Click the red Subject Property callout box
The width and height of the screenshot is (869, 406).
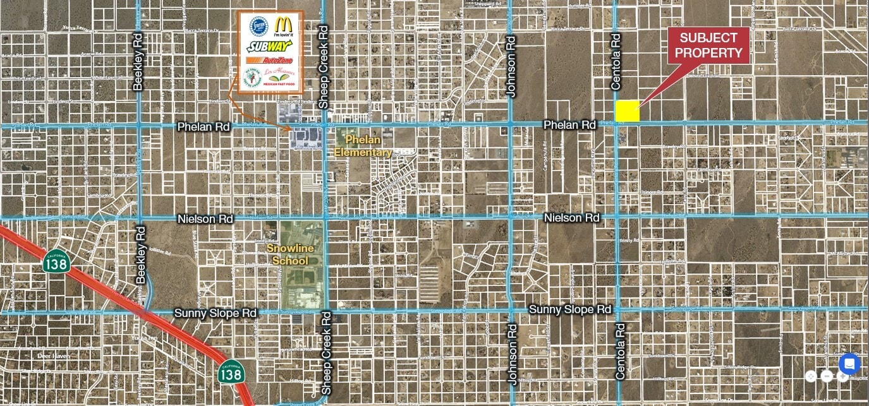(x=708, y=45)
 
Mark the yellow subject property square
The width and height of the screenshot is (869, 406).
(x=628, y=111)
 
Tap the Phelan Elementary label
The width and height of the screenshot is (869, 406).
(x=363, y=145)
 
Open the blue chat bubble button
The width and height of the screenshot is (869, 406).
(x=849, y=364)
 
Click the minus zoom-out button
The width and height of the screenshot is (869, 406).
(x=827, y=376)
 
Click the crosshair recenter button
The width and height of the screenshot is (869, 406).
(x=811, y=376)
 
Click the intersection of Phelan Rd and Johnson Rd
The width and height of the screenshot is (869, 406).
(x=511, y=124)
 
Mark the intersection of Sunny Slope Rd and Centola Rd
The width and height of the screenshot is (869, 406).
(x=617, y=309)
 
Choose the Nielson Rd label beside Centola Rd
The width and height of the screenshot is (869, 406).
(x=571, y=218)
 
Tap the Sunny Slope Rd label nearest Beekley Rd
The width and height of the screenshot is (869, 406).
(x=216, y=313)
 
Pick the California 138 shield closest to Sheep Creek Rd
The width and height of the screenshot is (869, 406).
(x=231, y=373)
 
